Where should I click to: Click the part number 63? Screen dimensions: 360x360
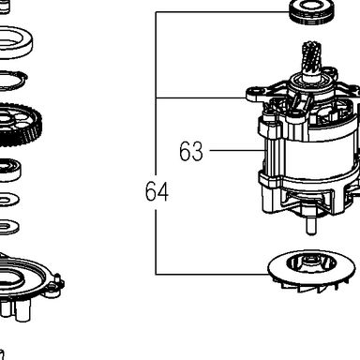[191, 151]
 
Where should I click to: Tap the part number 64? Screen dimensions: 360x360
[157, 191]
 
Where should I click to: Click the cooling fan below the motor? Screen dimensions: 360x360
[311, 271]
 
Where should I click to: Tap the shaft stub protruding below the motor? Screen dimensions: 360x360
[310, 226]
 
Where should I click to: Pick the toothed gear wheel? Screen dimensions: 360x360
[17, 125]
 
